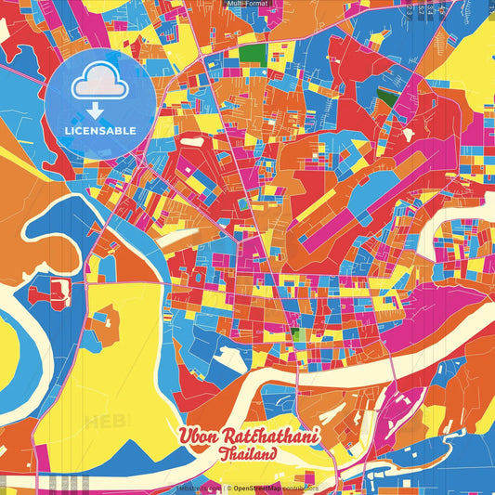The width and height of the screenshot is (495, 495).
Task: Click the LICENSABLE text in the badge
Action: [100, 130]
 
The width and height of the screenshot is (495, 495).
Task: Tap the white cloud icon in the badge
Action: [100, 85]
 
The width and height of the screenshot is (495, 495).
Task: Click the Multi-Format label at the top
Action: [247, 4]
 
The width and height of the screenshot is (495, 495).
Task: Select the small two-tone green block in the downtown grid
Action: [294, 333]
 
